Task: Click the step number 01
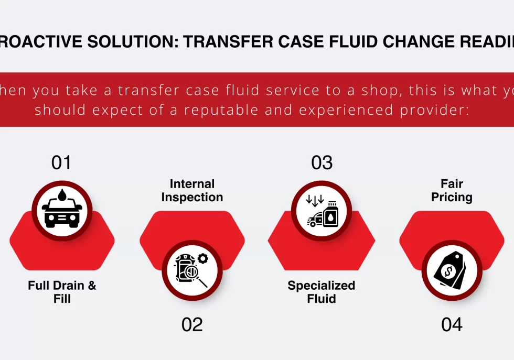(61, 162)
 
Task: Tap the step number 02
(192, 324)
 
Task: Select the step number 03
(322, 162)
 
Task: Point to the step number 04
(452, 324)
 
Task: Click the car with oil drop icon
(62, 210)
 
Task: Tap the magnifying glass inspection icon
(192, 270)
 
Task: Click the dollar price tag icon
(452, 270)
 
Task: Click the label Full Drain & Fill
(62, 292)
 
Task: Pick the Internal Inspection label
(192, 191)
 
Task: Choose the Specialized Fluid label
(321, 292)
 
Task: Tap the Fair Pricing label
(452, 191)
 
